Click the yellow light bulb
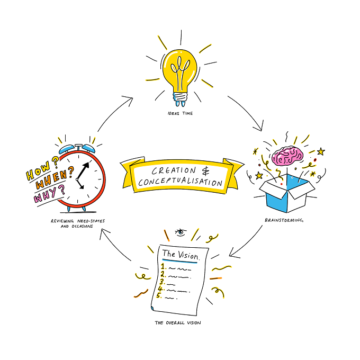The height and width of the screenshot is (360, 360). click(x=180, y=74)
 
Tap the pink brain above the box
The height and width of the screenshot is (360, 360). click(x=287, y=156)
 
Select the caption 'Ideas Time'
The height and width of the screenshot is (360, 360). click(x=180, y=113)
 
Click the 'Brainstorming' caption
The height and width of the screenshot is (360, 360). click(x=284, y=220)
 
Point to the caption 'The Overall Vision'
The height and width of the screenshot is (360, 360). click(x=178, y=323)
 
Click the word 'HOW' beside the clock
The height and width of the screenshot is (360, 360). click(x=38, y=170)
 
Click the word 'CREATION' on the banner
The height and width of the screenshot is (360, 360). click(x=174, y=170)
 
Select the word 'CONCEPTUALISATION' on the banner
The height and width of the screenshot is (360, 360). click(x=180, y=182)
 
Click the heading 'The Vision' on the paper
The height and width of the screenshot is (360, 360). click(x=181, y=255)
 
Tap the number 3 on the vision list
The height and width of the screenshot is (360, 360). click(x=163, y=282)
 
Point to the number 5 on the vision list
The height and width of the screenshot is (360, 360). click(x=159, y=295)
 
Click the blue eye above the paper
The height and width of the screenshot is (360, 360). click(x=181, y=232)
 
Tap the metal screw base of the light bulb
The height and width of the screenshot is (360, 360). click(x=180, y=97)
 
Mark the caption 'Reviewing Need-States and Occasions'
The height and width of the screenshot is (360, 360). click(x=78, y=223)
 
